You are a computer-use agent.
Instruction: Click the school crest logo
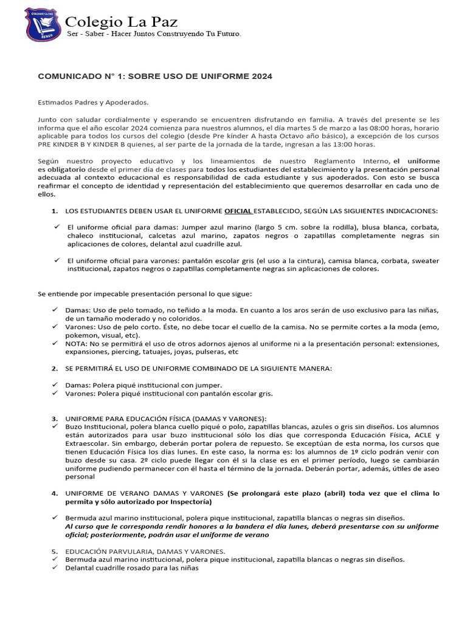click(43, 26)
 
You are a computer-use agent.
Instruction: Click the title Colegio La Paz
click(122, 22)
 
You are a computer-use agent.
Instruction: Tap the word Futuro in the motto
click(226, 35)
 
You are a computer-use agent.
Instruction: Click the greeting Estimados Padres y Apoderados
click(93, 103)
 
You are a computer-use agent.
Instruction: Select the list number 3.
click(54, 419)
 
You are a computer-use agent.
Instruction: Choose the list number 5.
click(54, 551)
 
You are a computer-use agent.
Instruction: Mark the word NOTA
click(77, 343)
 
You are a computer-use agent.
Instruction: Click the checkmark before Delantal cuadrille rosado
click(55, 568)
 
